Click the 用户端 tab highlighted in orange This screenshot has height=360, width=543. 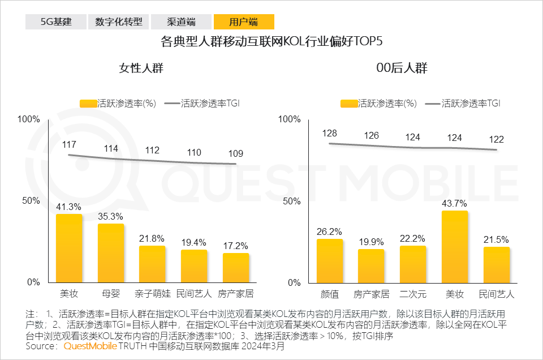244,22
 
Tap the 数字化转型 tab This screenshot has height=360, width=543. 119,22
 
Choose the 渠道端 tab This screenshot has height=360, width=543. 182,22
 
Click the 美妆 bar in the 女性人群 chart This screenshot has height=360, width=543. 69,248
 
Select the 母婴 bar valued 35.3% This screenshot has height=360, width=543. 111,253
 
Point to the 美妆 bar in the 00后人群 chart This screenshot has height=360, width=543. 455,246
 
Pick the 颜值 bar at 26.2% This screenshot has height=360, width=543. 330,260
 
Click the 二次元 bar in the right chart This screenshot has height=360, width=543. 413,264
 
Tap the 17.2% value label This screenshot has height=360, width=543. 236,246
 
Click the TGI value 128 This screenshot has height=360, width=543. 330,133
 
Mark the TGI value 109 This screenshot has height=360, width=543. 236,153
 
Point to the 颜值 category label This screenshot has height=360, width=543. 330,294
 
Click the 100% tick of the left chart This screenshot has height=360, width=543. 29,119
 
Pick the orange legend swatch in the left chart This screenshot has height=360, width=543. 88,104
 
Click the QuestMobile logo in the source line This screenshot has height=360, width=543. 90,346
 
